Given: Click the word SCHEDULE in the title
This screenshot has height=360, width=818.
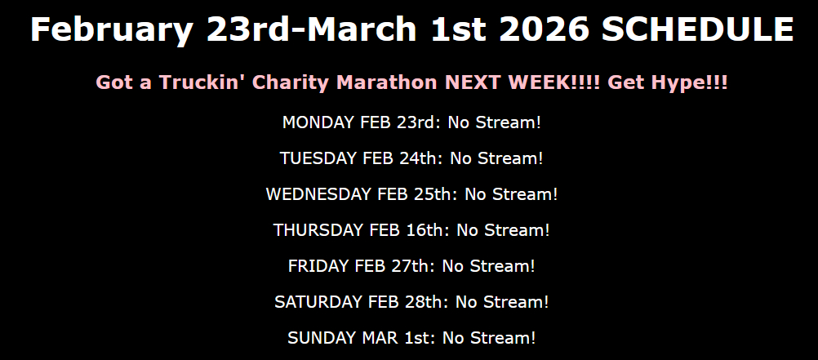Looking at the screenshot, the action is tap(697, 29).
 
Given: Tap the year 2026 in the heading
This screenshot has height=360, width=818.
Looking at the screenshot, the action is tap(545, 29).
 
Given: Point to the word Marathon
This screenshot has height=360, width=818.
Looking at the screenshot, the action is tap(387, 82).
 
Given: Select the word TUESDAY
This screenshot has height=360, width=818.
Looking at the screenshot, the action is tap(318, 158).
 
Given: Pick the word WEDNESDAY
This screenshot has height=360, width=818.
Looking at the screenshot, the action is tap(318, 194).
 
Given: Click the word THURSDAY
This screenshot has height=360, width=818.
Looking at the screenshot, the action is tap(318, 230).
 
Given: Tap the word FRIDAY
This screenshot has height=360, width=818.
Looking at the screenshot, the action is tap(318, 266).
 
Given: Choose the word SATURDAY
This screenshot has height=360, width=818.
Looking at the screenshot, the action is tap(318, 302).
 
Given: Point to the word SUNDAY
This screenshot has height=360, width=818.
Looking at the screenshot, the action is tap(322, 338).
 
